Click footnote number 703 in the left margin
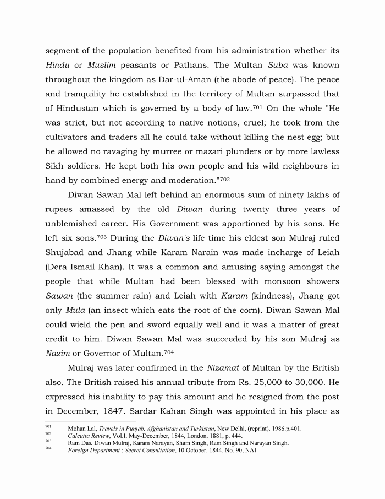pyautogui.click(x=48, y=441)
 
